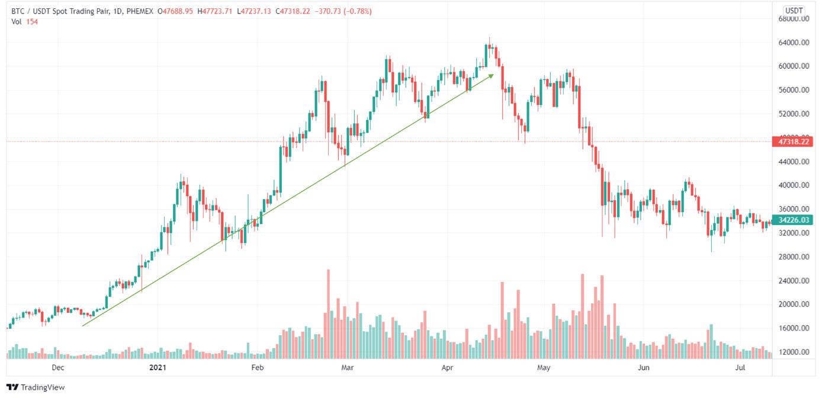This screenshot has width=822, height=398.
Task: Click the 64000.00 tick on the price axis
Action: pos(793,43)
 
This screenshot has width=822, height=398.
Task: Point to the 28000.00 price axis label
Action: pos(793,257)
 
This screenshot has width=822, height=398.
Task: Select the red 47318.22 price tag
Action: pos(793,142)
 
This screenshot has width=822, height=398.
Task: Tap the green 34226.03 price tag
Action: pos(793,220)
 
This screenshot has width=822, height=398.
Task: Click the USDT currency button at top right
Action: pos(793,11)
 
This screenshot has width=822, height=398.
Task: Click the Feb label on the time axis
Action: pos(256,368)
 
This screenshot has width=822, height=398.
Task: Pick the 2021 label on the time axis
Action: pos(158,368)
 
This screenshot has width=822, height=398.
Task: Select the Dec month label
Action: pos(57,368)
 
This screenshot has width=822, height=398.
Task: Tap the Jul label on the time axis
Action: pos(740,368)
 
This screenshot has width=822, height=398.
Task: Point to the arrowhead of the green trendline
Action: pos(492,75)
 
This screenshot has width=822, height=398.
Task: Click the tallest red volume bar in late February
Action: pos(328,314)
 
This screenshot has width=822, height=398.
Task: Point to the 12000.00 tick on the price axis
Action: pos(793,352)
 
